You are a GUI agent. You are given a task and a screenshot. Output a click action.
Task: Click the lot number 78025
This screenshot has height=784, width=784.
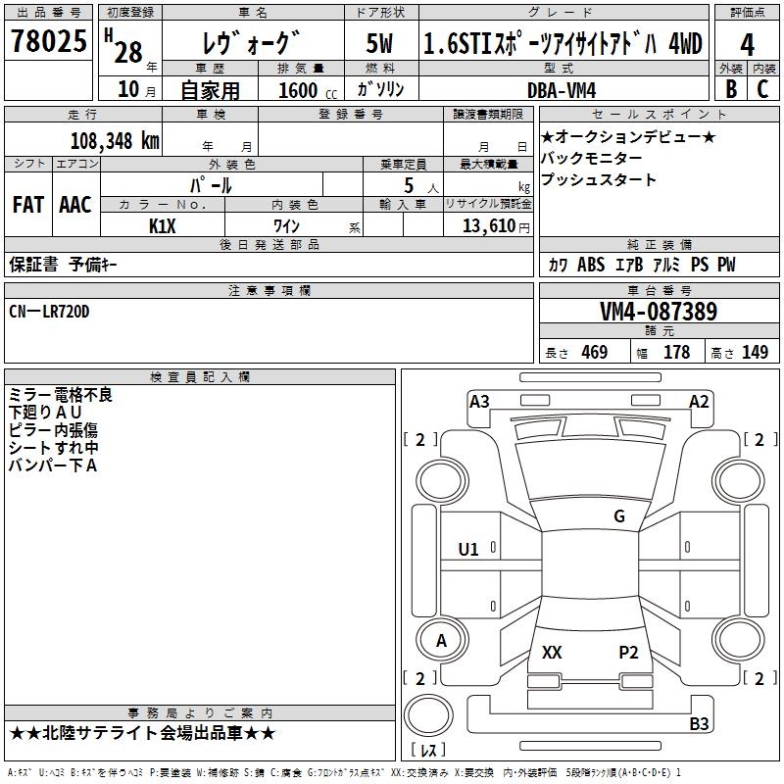point(47,43)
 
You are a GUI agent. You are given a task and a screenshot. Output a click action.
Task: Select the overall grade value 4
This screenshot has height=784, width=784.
point(748,45)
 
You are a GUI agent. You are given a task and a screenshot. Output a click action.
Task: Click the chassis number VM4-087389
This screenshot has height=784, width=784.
point(658,313)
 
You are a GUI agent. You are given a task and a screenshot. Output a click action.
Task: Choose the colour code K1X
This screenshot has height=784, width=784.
point(163,226)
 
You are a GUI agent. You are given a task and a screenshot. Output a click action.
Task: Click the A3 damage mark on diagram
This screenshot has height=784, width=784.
point(479,401)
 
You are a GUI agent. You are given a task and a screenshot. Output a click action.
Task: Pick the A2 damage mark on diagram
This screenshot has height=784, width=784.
point(699,401)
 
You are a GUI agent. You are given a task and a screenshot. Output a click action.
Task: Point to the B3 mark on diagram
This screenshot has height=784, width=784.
point(699,723)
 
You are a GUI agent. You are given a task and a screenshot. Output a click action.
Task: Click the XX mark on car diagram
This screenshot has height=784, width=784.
point(552,652)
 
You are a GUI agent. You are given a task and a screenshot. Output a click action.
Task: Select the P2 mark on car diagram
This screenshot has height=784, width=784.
point(628,652)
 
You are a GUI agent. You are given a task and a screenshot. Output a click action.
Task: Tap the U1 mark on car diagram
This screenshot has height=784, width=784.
point(468,549)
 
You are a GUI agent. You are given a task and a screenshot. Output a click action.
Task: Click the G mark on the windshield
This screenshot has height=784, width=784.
point(619,516)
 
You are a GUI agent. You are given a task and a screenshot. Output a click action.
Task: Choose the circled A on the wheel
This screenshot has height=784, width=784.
point(441,641)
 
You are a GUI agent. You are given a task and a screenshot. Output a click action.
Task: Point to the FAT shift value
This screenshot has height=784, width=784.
point(27,205)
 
